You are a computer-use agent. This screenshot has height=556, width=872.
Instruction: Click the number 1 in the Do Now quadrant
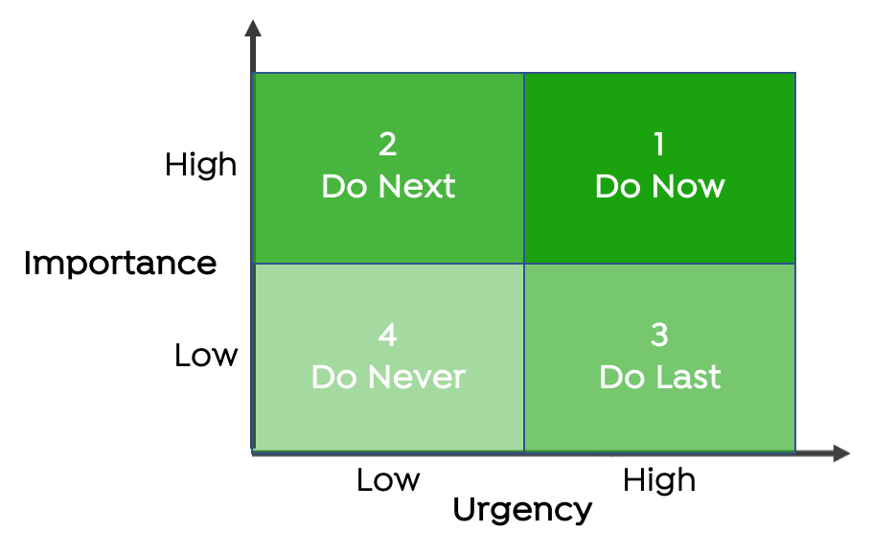point(659,144)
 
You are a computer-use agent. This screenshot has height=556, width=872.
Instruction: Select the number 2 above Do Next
point(388,144)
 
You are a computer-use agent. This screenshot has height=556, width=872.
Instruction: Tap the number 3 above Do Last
point(659,336)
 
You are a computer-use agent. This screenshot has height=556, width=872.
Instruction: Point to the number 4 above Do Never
point(388,336)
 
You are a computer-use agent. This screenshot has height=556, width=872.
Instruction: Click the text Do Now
point(660,186)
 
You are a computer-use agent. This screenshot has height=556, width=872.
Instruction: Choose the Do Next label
point(388,186)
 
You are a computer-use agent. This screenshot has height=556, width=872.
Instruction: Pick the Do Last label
point(660,377)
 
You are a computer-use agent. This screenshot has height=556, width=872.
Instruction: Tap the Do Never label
point(388,377)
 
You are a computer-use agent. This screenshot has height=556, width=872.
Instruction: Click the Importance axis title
point(120,264)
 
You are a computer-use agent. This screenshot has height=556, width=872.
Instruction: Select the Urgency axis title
point(523,510)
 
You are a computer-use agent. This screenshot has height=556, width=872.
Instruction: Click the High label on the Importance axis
point(201,165)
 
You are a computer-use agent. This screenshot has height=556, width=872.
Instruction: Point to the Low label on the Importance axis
point(206,355)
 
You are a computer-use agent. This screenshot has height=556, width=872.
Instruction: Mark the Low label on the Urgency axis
point(388,479)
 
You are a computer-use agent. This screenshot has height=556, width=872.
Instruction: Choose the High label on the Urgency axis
point(659,480)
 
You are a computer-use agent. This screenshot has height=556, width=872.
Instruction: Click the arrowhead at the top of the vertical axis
point(253,29)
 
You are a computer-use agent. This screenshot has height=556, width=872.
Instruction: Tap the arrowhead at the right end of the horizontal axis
point(841,453)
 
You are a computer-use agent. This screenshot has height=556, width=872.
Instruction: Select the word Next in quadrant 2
point(417,186)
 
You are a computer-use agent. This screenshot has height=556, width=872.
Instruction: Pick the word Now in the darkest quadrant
point(688,186)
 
